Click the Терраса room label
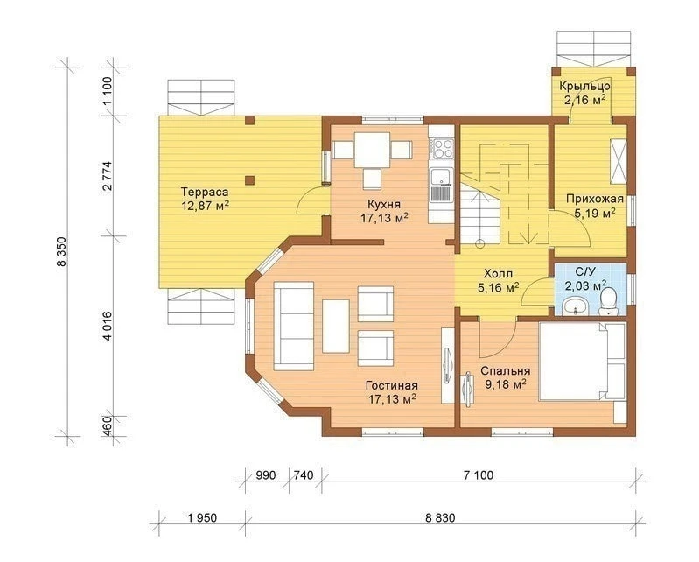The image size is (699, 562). pos(205,193)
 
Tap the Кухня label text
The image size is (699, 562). pos(384,205)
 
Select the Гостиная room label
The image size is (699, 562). pos(391,385)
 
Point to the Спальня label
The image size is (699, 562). pos(505,371)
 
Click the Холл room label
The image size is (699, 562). pos(498,273)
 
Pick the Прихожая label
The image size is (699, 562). pos(595,199)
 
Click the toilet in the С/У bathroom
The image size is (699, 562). pos(608,301)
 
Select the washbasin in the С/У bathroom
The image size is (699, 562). pos(575,307)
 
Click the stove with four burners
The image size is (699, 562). pos(441,149)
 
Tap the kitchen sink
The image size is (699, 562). pos(441,185)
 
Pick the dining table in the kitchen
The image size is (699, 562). pos(372,150)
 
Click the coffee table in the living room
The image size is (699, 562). pos(336,326)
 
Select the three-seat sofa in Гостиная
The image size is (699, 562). pos(293,326)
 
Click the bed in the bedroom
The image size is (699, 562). pos(582,362)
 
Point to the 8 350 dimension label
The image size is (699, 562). pos(61,251)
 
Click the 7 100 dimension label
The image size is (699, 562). pos(479,475)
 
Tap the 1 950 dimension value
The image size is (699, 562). pos(202,518)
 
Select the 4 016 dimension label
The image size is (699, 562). pos(108,326)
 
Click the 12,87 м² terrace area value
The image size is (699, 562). pos(205,205)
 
